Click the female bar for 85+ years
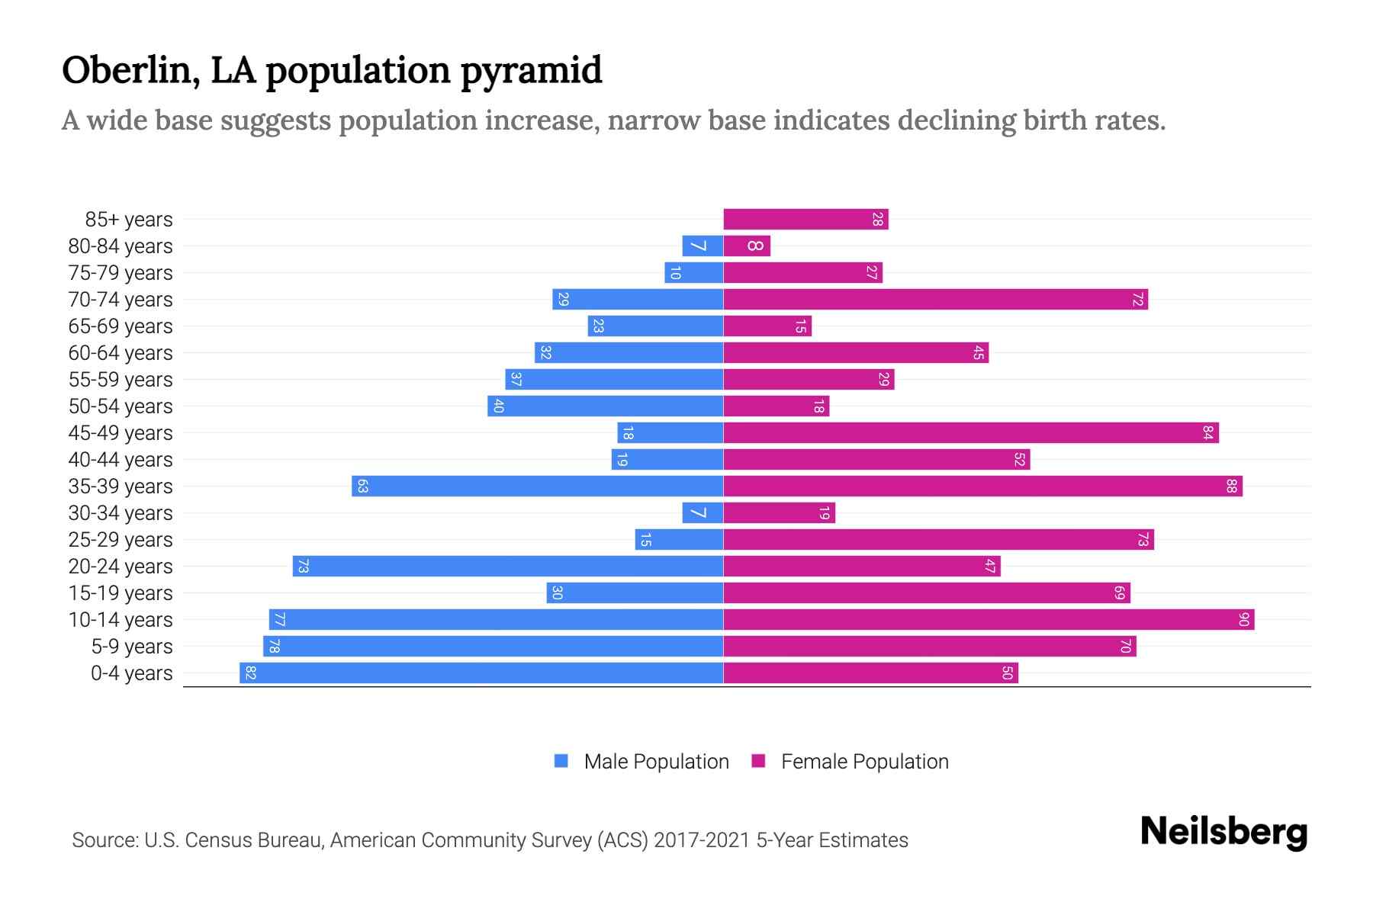[x=805, y=220]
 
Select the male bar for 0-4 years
[x=481, y=673]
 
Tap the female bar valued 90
[x=988, y=620]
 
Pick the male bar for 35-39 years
[x=537, y=486]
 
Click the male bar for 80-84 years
[x=703, y=246]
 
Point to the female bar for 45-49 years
[x=970, y=433]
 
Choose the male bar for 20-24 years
[x=507, y=567]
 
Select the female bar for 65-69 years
[x=767, y=326]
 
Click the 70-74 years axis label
[x=121, y=300]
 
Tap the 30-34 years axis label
[x=121, y=513]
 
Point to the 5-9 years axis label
[x=131, y=647]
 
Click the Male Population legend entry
[x=656, y=762]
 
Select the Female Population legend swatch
[x=758, y=761]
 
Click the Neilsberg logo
[x=1223, y=832]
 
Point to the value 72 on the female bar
[x=1137, y=300]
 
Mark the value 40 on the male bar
[x=498, y=406]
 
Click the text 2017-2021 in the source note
[x=702, y=840]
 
